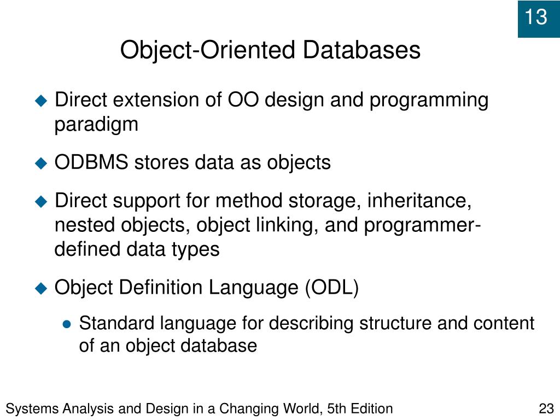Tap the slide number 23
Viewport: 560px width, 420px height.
click(x=546, y=409)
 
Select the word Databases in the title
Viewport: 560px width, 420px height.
click(x=362, y=50)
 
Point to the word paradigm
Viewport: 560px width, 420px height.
click(x=96, y=125)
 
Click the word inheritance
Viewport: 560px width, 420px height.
click(x=419, y=201)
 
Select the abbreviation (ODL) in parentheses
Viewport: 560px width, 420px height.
click(x=332, y=287)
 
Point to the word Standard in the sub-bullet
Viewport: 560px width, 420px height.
click(x=117, y=323)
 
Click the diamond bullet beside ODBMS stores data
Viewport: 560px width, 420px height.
click(x=42, y=163)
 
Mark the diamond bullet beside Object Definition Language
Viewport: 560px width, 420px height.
click(x=42, y=288)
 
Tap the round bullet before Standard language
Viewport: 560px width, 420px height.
click(x=67, y=324)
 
